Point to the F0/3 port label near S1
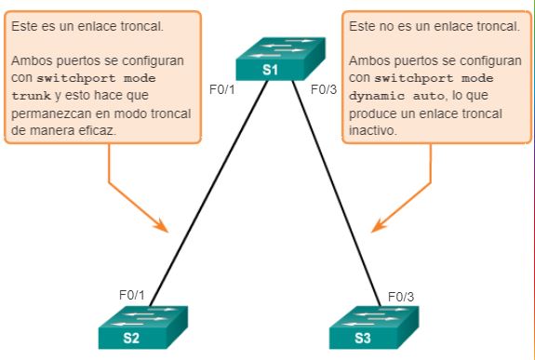pos(321,91)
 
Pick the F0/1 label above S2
pos(132,295)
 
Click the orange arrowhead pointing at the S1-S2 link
pos(161,226)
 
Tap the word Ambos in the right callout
pos(367,60)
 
